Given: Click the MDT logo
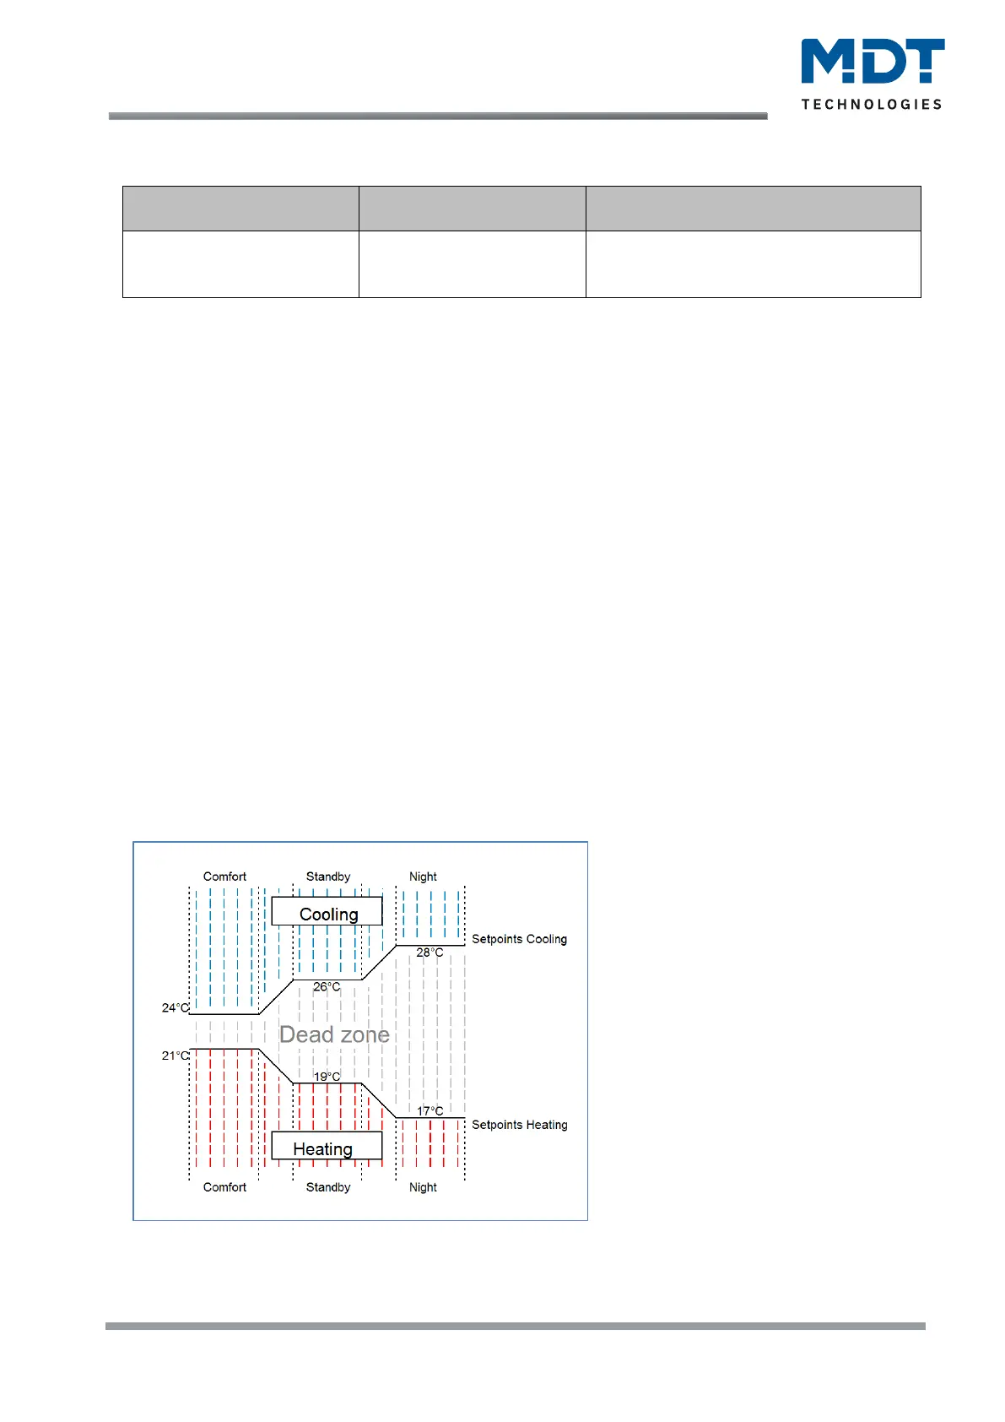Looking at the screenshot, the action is (x=873, y=62).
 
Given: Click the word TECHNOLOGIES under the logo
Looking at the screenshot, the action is (x=872, y=104).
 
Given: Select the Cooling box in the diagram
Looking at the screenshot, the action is (x=327, y=914).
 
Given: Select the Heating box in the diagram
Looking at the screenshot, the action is (x=324, y=1148).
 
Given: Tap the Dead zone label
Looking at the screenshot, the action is (x=334, y=1034).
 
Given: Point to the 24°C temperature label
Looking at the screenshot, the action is (x=176, y=1007).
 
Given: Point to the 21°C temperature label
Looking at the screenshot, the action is (x=176, y=1056).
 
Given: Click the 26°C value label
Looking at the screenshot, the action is (x=327, y=986).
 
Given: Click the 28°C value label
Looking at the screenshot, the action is (x=430, y=953).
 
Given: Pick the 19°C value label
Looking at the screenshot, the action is (x=327, y=1077).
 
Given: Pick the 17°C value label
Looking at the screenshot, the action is (x=430, y=1110).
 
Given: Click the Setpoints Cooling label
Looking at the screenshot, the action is (x=519, y=939).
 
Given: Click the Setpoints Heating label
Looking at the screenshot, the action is (x=519, y=1125).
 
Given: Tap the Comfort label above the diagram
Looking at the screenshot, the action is (x=224, y=877).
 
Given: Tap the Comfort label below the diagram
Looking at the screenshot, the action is (x=224, y=1187).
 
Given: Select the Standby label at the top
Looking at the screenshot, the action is (x=328, y=877).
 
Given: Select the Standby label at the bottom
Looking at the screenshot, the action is (x=328, y=1187).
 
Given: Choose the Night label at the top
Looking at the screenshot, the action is (x=423, y=877).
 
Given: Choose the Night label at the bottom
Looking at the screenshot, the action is (x=423, y=1187).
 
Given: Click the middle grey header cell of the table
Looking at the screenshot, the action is (x=472, y=209).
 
